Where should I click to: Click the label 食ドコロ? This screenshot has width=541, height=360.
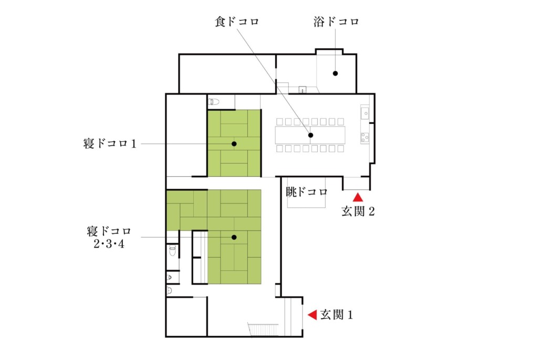pyautogui.click(x=237, y=22)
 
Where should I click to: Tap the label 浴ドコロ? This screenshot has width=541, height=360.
pyautogui.click(x=336, y=22)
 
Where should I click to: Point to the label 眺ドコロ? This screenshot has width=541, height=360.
pyautogui.click(x=307, y=192)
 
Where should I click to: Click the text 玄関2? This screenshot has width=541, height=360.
pyautogui.click(x=358, y=211)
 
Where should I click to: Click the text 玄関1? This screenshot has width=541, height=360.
pyautogui.click(x=336, y=314)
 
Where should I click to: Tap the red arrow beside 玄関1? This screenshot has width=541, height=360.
pyautogui.click(x=313, y=314)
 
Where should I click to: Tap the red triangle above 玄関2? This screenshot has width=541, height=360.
pyautogui.click(x=358, y=197)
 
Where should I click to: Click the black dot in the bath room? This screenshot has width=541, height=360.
pyautogui.click(x=335, y=73)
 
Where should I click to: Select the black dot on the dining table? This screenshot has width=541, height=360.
pyautogui.click(x=310, y=135)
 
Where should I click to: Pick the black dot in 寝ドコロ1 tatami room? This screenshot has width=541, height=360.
pyautogui.click(x=234, y=144)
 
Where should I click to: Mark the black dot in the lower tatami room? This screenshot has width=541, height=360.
pyautogui.click(x=234, y=237)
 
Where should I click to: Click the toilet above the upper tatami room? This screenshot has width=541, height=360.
pyautogui.click(x=214, y=102)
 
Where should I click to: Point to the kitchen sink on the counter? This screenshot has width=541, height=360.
pyautogui.click(x=365, y=113)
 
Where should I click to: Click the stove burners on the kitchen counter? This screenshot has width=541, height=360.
pyautogui.click(x=365, y=137)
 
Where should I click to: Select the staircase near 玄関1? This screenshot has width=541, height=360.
pyautogui.click(x=263, y=330)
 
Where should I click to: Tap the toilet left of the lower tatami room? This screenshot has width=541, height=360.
pyautogui.click(x=172, y=251)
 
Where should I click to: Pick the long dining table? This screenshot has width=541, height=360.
pyautogui.click(x=310, y=135)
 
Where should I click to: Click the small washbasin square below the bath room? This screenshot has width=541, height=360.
pyautogui.click(x=302, y=90)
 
